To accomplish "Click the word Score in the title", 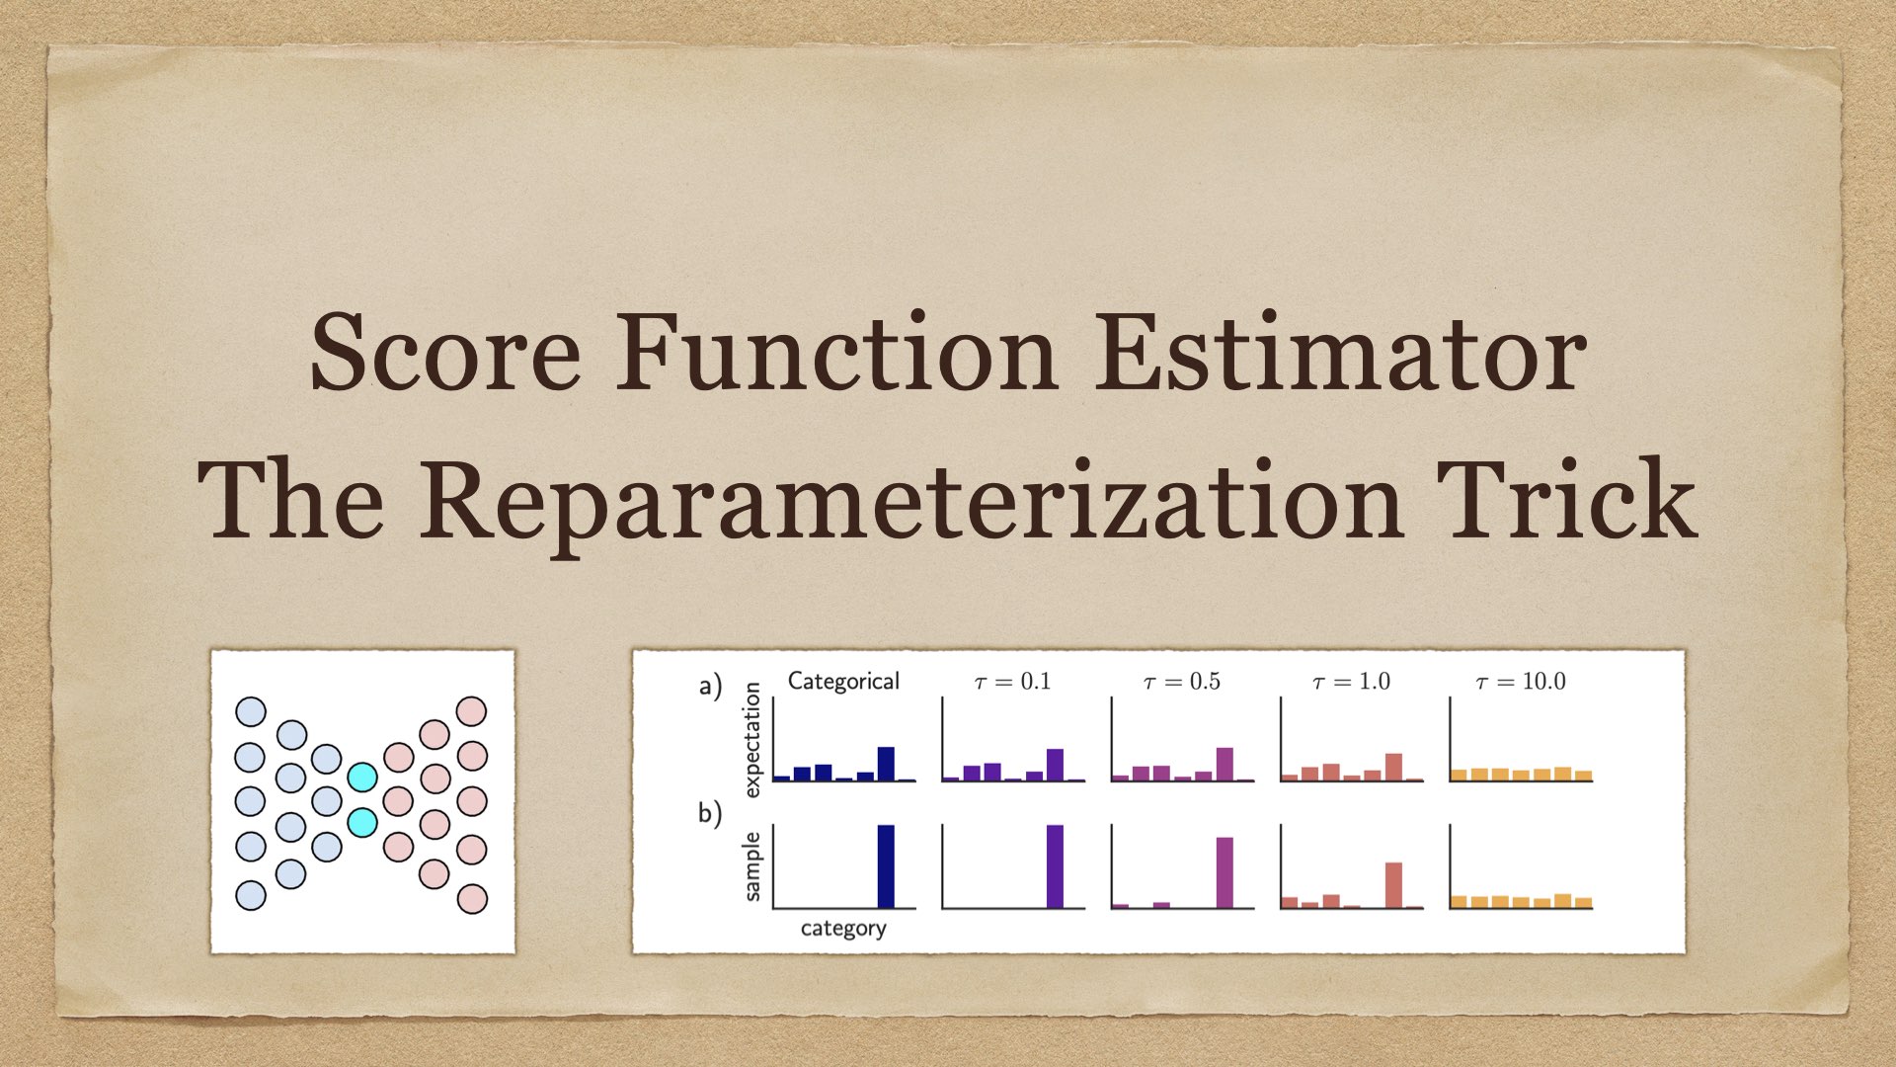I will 445,353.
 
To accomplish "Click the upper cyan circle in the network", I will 362,777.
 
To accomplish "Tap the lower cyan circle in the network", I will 362,822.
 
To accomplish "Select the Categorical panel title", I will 843,681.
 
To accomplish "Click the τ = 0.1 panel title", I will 1012,681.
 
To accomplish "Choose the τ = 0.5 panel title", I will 1181,681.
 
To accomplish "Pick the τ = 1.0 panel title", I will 1351,681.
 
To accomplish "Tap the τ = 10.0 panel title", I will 1521,681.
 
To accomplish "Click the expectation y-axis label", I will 752,739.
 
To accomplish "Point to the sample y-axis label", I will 752,866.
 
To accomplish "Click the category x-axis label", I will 843,928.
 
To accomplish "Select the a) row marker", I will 710,685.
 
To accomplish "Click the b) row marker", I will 710,812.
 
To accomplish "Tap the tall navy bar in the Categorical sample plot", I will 886,866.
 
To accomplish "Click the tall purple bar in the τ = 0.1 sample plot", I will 1055,866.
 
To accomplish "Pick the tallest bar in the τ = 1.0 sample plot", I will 1393,885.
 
